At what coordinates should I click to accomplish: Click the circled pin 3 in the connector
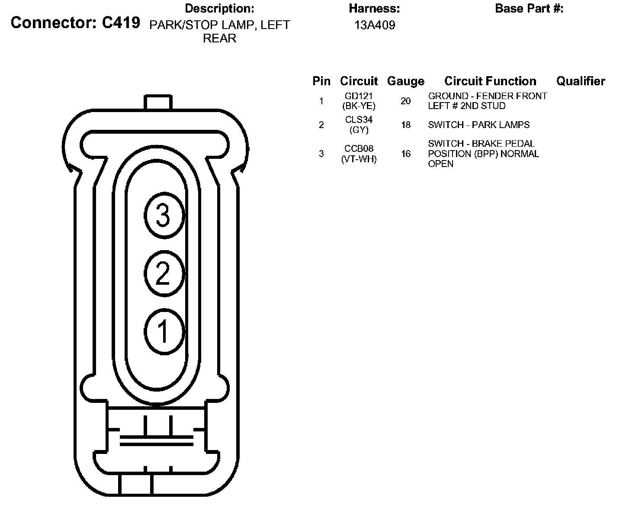(x=164, y=215)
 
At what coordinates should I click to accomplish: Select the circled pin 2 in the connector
(x=164, y=273)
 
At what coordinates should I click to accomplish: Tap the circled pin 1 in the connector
(x=164, y=331)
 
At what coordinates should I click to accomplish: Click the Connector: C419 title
(x=75, y=23)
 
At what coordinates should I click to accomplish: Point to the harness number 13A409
(x=375, y=25)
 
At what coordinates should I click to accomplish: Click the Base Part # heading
(x=529, y=8)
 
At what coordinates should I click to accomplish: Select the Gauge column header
(x=405, y=81)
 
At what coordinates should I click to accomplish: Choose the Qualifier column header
(x=581, y=81)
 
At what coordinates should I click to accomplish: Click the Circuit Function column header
(x=490, y=81)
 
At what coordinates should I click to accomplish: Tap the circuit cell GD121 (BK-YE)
(x=359, y=101)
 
